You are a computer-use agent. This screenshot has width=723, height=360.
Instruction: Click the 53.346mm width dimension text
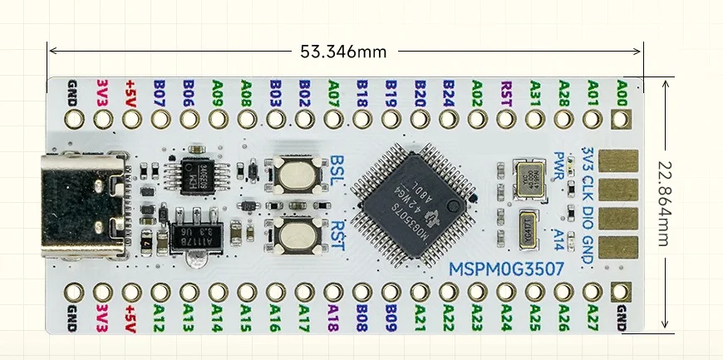343,52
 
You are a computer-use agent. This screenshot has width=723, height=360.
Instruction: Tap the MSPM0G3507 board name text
507,269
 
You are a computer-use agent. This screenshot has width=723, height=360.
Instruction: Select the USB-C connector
88,203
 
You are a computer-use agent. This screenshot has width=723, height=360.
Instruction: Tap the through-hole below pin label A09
217,120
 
